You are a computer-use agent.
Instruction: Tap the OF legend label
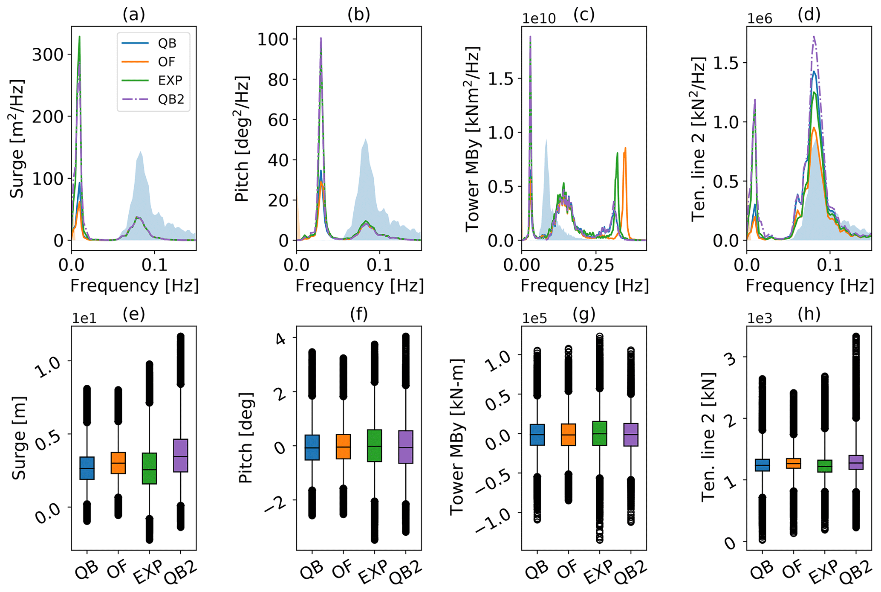[167, 62]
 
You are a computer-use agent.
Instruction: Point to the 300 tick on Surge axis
[48, 55]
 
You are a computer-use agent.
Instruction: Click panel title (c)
[583, 15]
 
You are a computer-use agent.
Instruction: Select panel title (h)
[809, 314]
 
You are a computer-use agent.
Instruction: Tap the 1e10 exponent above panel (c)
[539, 19]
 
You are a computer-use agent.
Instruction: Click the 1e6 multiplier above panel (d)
[760, 19]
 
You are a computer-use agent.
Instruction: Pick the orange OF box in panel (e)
[118, 463]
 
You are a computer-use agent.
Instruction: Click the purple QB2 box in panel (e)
[181, 456]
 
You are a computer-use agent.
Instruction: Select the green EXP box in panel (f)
[374, 446]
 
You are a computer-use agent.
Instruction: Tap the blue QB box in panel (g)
[537, 435]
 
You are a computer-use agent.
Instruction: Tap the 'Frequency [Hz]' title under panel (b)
[359, 286]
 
